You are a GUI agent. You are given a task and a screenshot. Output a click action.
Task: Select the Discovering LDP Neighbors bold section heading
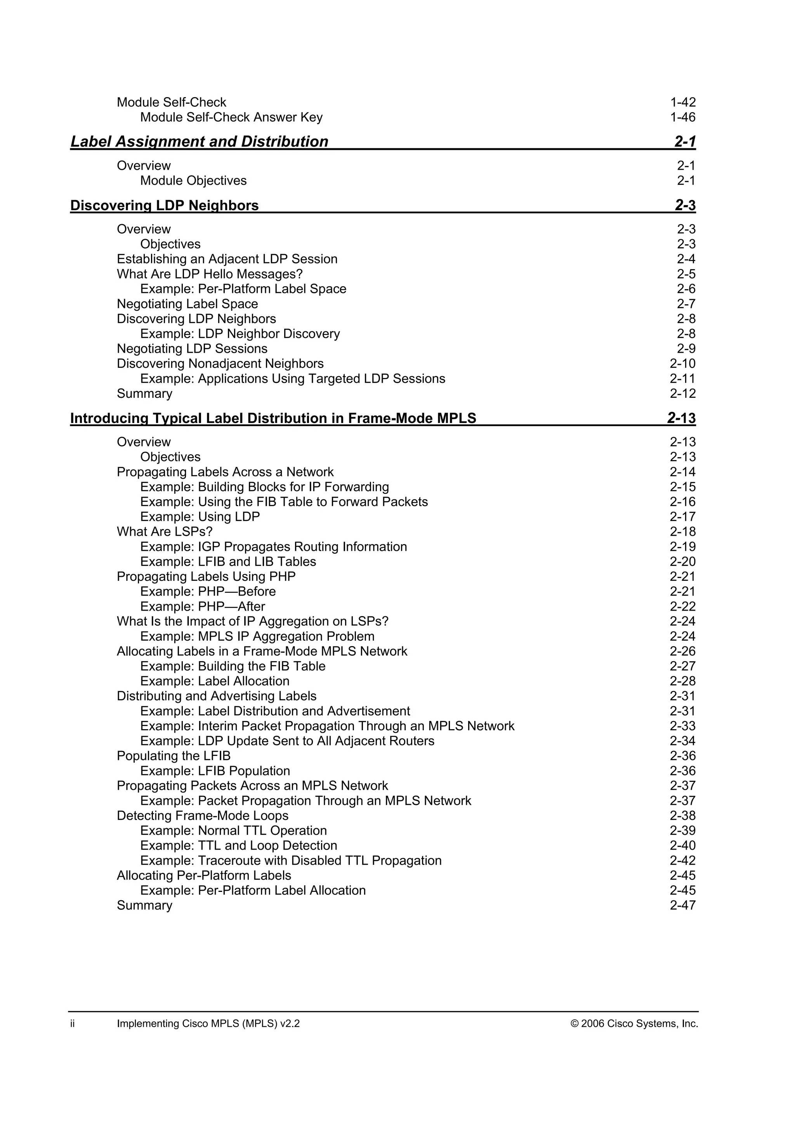coord(165,205)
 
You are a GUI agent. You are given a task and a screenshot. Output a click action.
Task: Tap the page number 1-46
coord(682,118)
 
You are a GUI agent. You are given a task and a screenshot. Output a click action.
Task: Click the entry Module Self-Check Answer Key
coord(231,118)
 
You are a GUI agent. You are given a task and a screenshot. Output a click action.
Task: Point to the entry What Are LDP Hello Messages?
coord(210,274)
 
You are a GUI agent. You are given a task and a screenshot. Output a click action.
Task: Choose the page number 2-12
coord(682,394)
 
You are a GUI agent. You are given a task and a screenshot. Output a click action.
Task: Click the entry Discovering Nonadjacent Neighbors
coord(220,364)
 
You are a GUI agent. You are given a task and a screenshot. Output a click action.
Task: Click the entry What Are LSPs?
coord(165,532)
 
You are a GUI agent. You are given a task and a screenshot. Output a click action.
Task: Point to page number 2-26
coord(682,651)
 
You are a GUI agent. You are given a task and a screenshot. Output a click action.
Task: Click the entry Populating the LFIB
coord(173,756)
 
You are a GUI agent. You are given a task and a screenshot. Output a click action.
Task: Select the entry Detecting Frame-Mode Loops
coord(202,815)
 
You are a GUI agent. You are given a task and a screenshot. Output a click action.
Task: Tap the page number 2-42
coord(682,860)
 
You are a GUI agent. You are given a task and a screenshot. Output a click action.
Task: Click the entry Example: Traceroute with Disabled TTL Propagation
coord(291,860)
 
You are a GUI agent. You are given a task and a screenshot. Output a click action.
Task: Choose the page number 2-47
coord(682,905)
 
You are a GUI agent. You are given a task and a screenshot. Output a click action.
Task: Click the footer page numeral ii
coord(73,1024)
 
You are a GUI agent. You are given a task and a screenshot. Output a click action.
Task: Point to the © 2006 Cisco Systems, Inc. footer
coord(634,1024)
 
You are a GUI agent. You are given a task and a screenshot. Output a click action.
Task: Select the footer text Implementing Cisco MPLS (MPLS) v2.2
coord(208,1024)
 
